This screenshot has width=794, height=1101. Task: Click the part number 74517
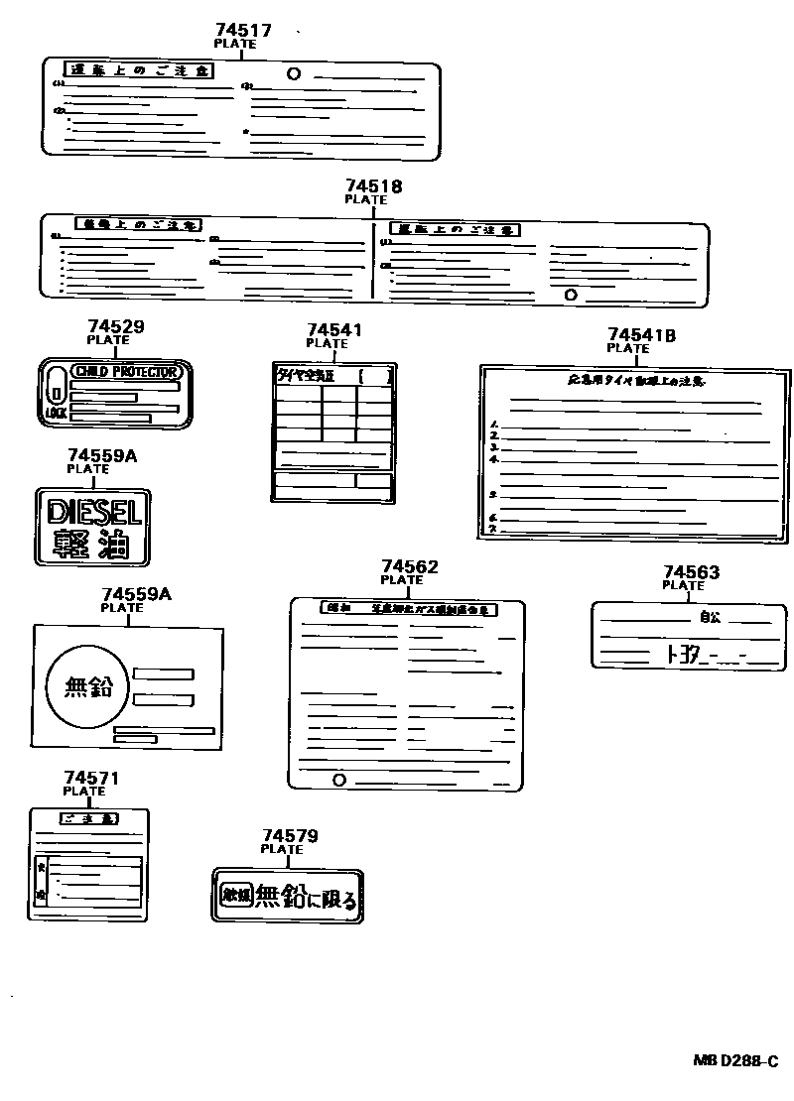[243, 31]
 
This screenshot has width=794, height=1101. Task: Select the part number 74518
[374, 185]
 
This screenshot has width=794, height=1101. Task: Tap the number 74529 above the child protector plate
[115, 325]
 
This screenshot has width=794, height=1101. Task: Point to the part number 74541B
[641, 335]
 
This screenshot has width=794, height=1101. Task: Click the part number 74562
[410, 566]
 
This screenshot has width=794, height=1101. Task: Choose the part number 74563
[691, 572]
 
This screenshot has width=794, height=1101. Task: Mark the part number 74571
[91, 778]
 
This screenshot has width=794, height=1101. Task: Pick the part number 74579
[290, 836]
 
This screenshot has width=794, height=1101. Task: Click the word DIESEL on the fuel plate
[95, 512]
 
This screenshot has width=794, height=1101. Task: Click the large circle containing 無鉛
[89, 684]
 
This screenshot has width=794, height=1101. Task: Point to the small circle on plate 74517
[294, 73]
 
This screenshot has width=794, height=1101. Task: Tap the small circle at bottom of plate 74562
[339, 780]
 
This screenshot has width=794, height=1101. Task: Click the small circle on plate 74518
[570, 294]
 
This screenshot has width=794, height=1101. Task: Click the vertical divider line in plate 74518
[373, 260]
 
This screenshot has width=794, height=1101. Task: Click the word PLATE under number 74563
[683, 585]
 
